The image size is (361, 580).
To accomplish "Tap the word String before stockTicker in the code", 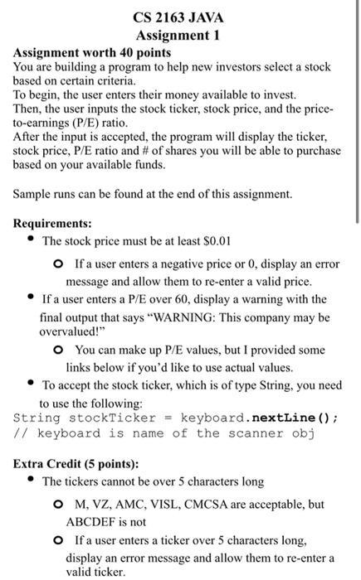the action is pyautogui.click(x=37, y=418).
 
